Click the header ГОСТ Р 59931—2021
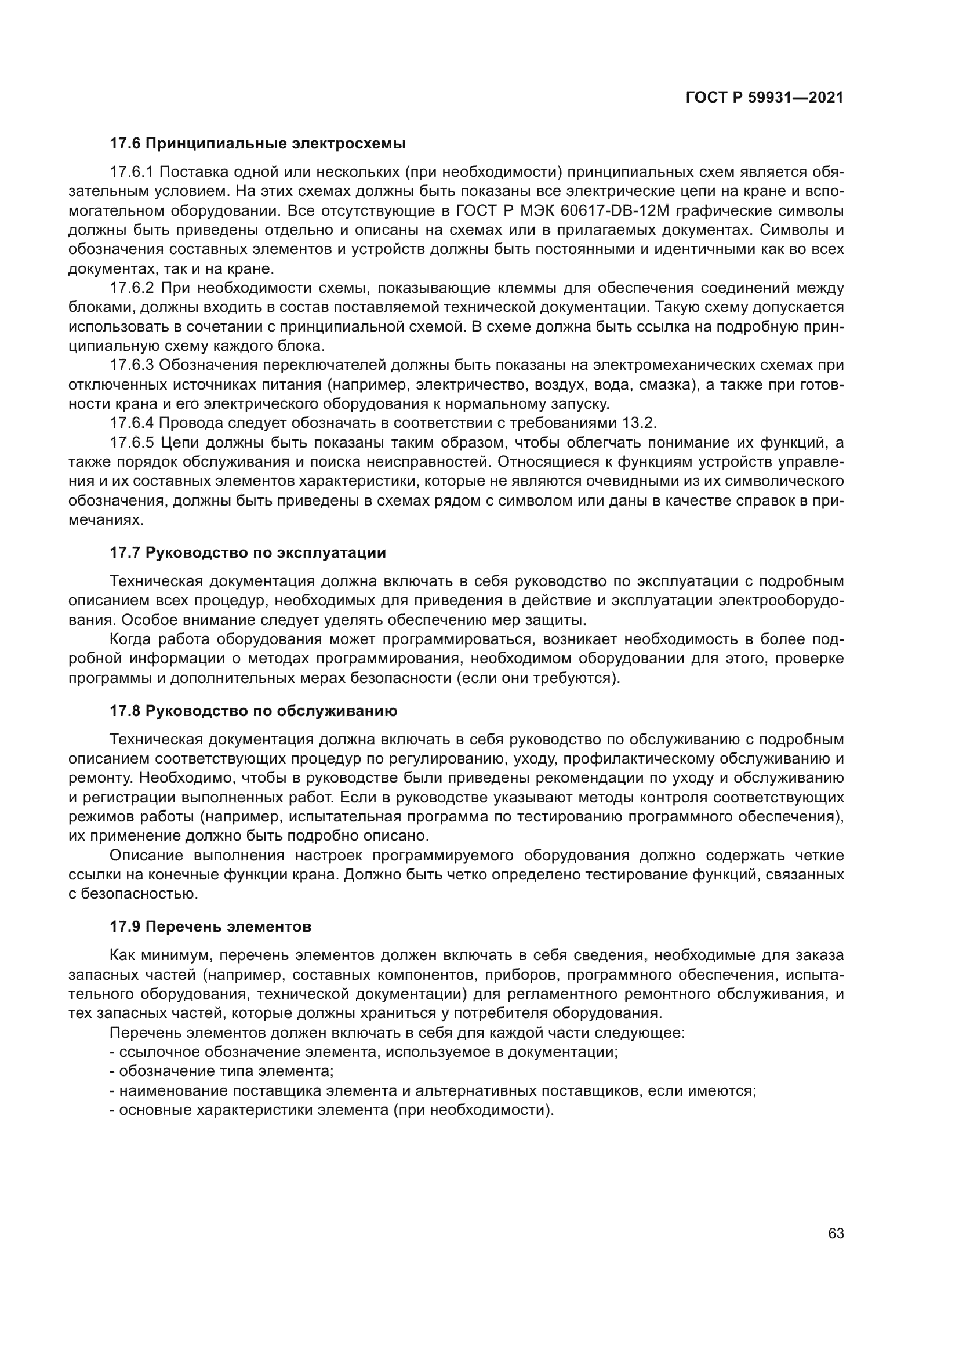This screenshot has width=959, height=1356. (764, 98)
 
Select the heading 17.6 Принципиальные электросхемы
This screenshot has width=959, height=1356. (257, 144)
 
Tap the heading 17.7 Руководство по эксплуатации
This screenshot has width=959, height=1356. (248, 553)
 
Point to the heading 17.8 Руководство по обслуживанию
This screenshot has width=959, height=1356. (253, 711)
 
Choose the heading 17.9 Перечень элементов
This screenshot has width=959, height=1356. (210, 926)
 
